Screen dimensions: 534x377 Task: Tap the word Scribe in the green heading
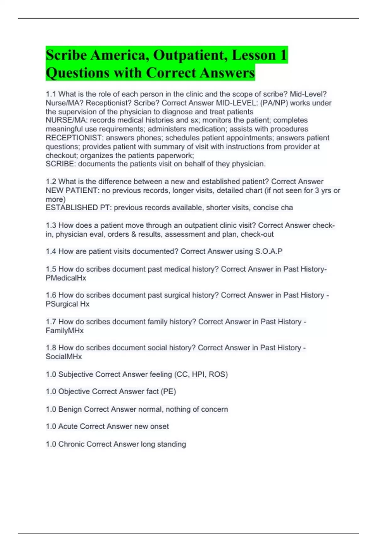(x=66, y=55)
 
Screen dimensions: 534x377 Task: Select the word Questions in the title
(x=78, y=73)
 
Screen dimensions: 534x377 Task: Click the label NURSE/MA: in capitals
(x=67, y=120)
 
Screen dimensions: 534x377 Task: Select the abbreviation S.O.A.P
(x=269, y=251)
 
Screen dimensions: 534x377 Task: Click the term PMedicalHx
(x=66, y=278)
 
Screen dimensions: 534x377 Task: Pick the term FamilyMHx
(x=65, y=330)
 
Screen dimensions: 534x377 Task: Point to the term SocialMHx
(x=64, y=357)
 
